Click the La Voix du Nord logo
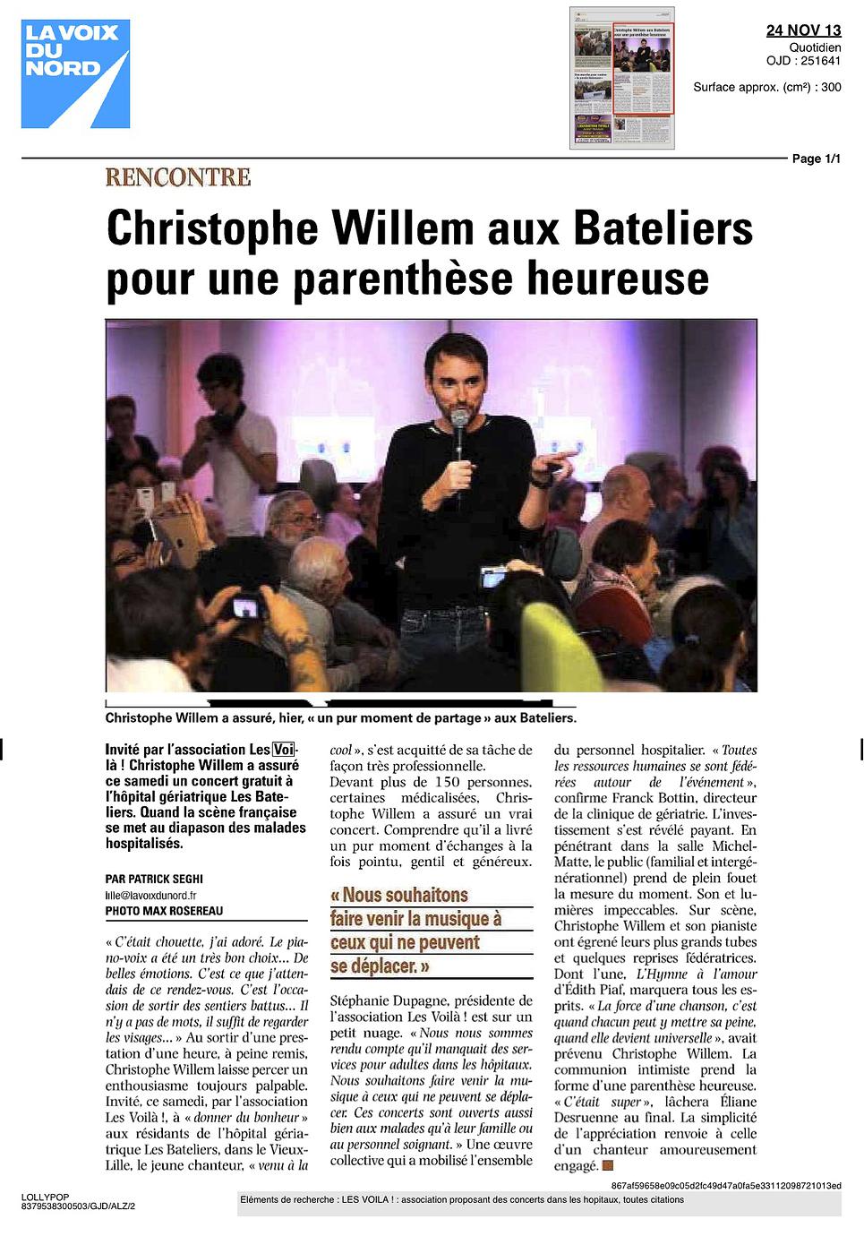pos(75,73)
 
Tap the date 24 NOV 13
pos(803,30)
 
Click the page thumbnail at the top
pos(622,77)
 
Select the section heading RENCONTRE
pos(177,176)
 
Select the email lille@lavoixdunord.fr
pos(150,895)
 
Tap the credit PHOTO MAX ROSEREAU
pos(164,911)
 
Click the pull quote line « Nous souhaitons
pos(399,896)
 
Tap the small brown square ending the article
pos(608,1165)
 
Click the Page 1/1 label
pos(816,159)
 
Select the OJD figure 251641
pos(822,61)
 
